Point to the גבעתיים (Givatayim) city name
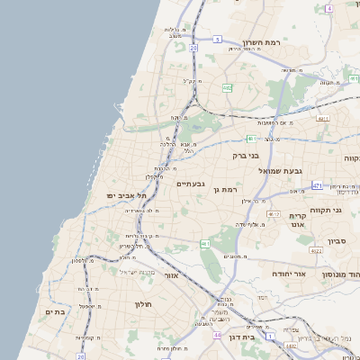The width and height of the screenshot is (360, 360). click(191, 184)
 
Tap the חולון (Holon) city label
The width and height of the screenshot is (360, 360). click(143, 304)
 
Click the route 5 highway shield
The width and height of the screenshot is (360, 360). click(217, 40)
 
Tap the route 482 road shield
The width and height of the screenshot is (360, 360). click(228, 88)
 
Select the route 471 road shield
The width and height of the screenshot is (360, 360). click(317, 184)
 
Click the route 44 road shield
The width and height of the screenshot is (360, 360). click(217, 335)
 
